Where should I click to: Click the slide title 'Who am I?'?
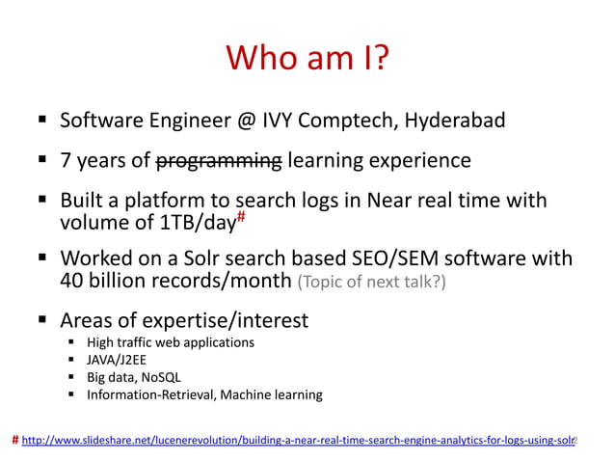[307, 58]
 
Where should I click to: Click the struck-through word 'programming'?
[219, 160]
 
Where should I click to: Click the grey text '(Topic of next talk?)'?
[372, 283]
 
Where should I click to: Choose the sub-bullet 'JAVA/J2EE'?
[120, 360]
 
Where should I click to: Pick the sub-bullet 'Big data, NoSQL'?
[134, 377]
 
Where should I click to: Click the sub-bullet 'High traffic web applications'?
[171, 342]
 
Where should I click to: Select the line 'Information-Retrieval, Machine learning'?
[204, 394]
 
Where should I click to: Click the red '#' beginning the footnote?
[14, 440]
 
